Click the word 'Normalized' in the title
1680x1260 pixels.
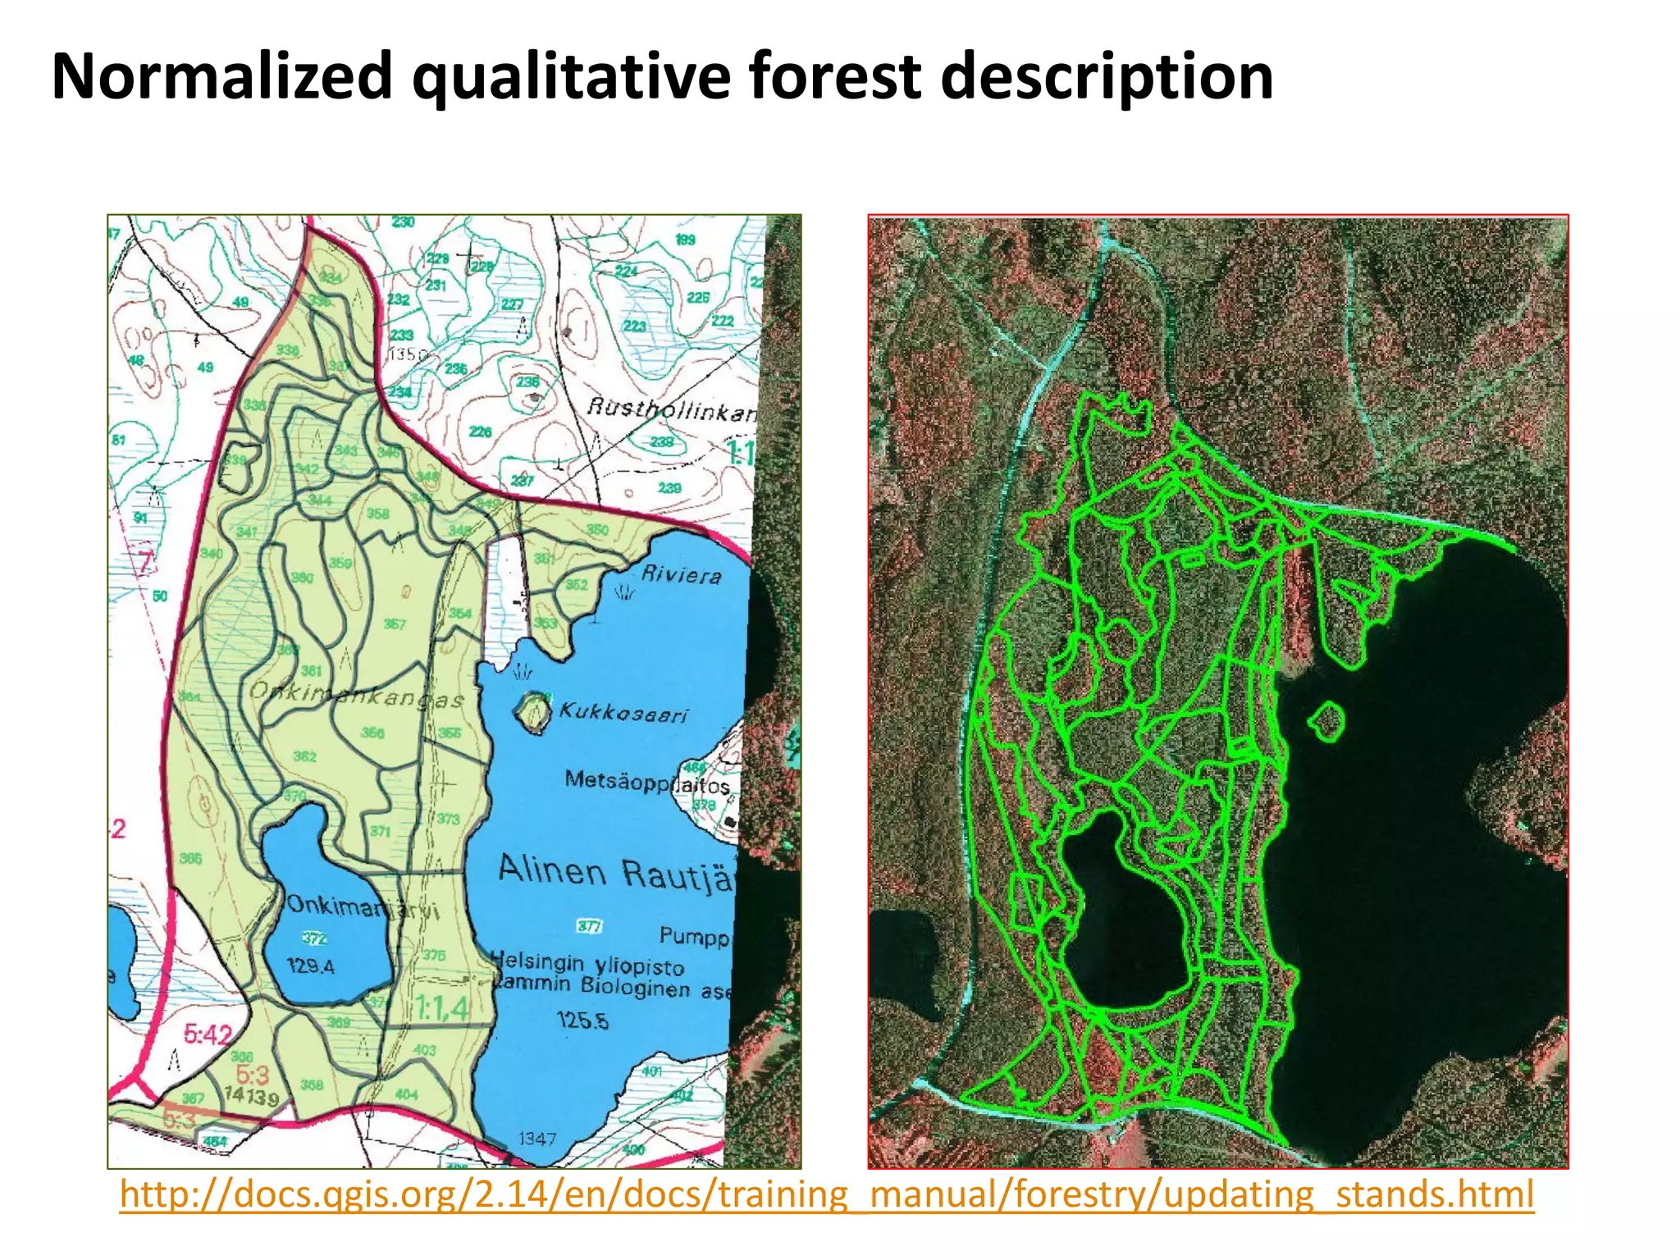click(x=221, y=75)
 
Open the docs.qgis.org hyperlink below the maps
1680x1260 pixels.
click(x=826, y=1194)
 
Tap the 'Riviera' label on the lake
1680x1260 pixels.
click(x=681, y=574)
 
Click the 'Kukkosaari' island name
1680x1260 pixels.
click(x=623, y=712)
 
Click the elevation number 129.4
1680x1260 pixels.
click(x=311, y=966)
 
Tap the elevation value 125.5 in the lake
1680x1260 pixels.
click(x=582, y=1020)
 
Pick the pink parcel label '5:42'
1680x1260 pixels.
click(x=208, y=1034)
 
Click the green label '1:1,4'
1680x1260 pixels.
click(x=441, y=1007)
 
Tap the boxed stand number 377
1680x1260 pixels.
click(x=589, y=926)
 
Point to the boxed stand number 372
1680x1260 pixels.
click(x=315, y=938)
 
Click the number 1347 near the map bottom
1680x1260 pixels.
click(x=537, y=1139)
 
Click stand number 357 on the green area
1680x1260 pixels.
click(x=395, y=624)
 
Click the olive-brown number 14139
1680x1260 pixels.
click(x=252, y=1096)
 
